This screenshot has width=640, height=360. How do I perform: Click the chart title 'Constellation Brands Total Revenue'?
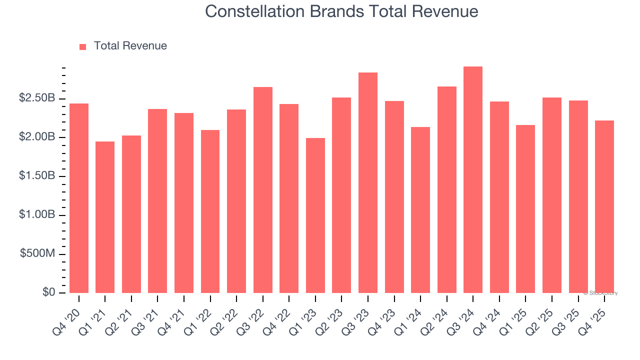click(x=341, y=11)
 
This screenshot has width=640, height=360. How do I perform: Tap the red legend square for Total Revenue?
click(x=83, y=46)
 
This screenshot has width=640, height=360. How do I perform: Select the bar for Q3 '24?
click(x=473, y=180)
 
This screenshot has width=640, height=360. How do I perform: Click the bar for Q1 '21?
click(x=105, y=217)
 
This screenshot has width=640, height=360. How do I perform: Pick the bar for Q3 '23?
click(x=368, y=183)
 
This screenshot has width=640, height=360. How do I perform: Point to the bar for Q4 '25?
click(x=604, y=207)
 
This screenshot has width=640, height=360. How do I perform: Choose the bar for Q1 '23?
click(x=315, y=215)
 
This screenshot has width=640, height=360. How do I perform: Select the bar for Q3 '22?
click(x=263, y=190)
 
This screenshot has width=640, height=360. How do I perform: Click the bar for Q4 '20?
click(x=79, y=198)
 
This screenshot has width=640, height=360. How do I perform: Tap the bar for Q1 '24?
click(x=420, y=210)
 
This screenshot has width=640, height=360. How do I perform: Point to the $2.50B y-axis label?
click(x=37, y=98)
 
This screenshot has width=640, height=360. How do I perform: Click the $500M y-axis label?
click(x=37, y=254)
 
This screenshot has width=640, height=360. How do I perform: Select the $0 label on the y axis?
click(x=48, y=292)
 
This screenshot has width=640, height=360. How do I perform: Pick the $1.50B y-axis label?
click(x=37, y=176)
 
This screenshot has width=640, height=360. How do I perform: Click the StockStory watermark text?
click(x=600, y=293)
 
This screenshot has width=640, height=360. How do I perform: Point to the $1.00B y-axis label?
click(x=37, y=215)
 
